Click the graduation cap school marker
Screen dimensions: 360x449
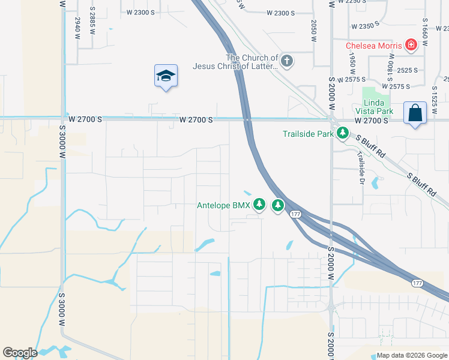[166, 76]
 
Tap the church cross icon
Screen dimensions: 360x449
[287, 61]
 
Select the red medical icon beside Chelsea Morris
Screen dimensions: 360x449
[411, 44]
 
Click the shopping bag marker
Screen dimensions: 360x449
[415, 112]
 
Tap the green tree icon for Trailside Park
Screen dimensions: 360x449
[342, 133]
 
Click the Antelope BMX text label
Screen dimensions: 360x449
[223, 205]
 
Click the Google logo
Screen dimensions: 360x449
[20, 353]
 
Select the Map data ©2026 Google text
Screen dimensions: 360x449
[411, 355]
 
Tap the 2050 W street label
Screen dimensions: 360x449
[313, 30]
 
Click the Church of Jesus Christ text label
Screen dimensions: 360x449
[235, 62]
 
